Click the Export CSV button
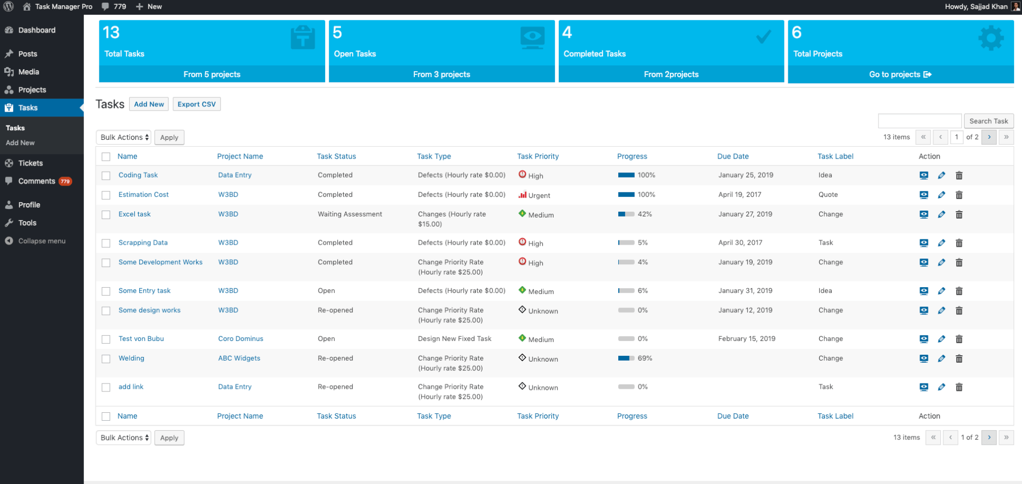[x=197, y=104]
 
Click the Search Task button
[x=988, y=121]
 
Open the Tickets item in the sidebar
[x=30, y=163]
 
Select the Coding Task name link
[x=138, y=175]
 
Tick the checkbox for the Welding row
[x=106, y=359]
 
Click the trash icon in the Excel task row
[x=959, y=215]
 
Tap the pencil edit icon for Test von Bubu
[x=941, y=339]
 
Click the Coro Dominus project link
[x=241, y=339]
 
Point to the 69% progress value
[x=645, y=358]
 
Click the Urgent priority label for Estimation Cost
[x=539, y=196]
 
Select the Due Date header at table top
[x=733, y=156]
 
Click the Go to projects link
[x=900, y=74]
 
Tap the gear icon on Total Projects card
[x=991, y=38]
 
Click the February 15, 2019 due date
[x=746, y=339]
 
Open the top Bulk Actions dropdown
[x=124, y=137]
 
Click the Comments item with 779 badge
[x=37, y=181]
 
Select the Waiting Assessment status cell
[x=350, y=214]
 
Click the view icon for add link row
[x=924, y=387]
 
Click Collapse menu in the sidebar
[x=41, y=241]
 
